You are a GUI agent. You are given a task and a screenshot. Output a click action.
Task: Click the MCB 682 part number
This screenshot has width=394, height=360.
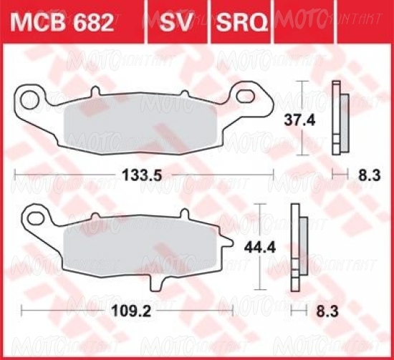[62, 23]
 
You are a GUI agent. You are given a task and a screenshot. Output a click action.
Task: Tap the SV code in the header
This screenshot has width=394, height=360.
[176, 23]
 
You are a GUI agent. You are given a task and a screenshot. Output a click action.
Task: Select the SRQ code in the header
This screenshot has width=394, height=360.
[241, 23]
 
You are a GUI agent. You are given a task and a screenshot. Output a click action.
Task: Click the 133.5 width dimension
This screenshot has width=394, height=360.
[142, 175]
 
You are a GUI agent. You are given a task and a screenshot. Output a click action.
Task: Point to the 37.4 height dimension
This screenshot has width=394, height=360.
[299, 120]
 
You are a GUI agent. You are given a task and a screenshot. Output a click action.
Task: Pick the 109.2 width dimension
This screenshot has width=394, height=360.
[131, 311]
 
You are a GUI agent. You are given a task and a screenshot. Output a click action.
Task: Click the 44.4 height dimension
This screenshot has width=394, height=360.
[260, 248]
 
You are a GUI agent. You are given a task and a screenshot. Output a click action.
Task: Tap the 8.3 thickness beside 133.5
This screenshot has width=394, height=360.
[370, 175]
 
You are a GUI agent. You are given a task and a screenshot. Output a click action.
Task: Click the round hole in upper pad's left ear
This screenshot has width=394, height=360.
[30, 100]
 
